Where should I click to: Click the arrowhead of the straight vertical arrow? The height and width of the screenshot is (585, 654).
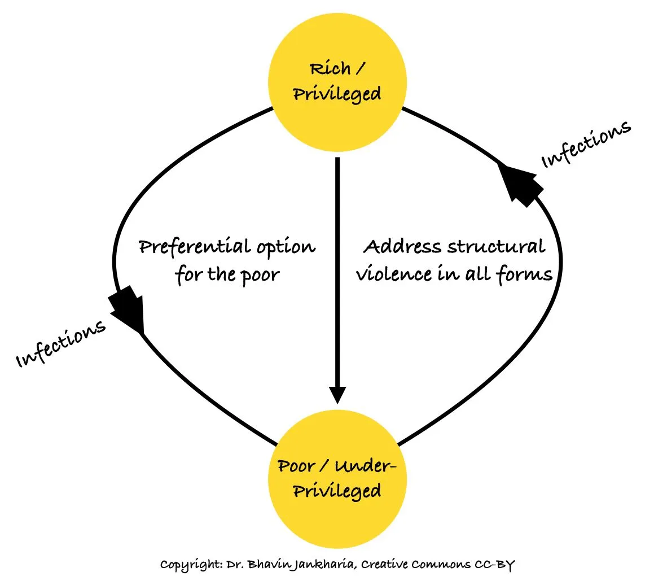pos(337,393)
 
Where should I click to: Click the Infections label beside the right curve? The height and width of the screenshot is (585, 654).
pos(585,144)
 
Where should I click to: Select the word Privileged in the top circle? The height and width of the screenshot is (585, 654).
pos(337,94)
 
